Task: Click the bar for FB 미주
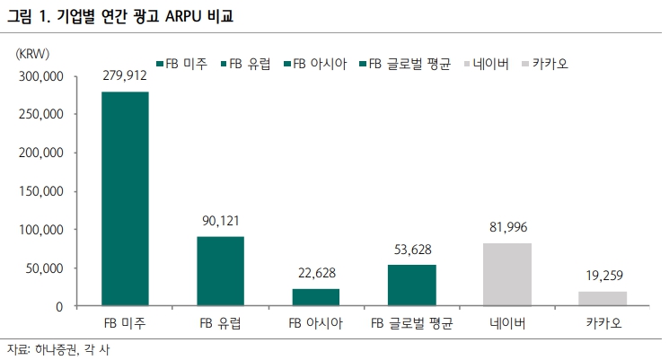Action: (125, 198)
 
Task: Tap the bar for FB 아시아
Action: (316, 297)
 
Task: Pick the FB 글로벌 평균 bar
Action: (411, 285)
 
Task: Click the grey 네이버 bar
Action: (506, 275)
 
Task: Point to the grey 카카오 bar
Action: (603, 299)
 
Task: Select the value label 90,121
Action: (220, 222)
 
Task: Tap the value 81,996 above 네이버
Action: (506, 228)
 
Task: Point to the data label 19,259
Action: (603, 277)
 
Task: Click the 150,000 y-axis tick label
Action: (40, 191)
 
